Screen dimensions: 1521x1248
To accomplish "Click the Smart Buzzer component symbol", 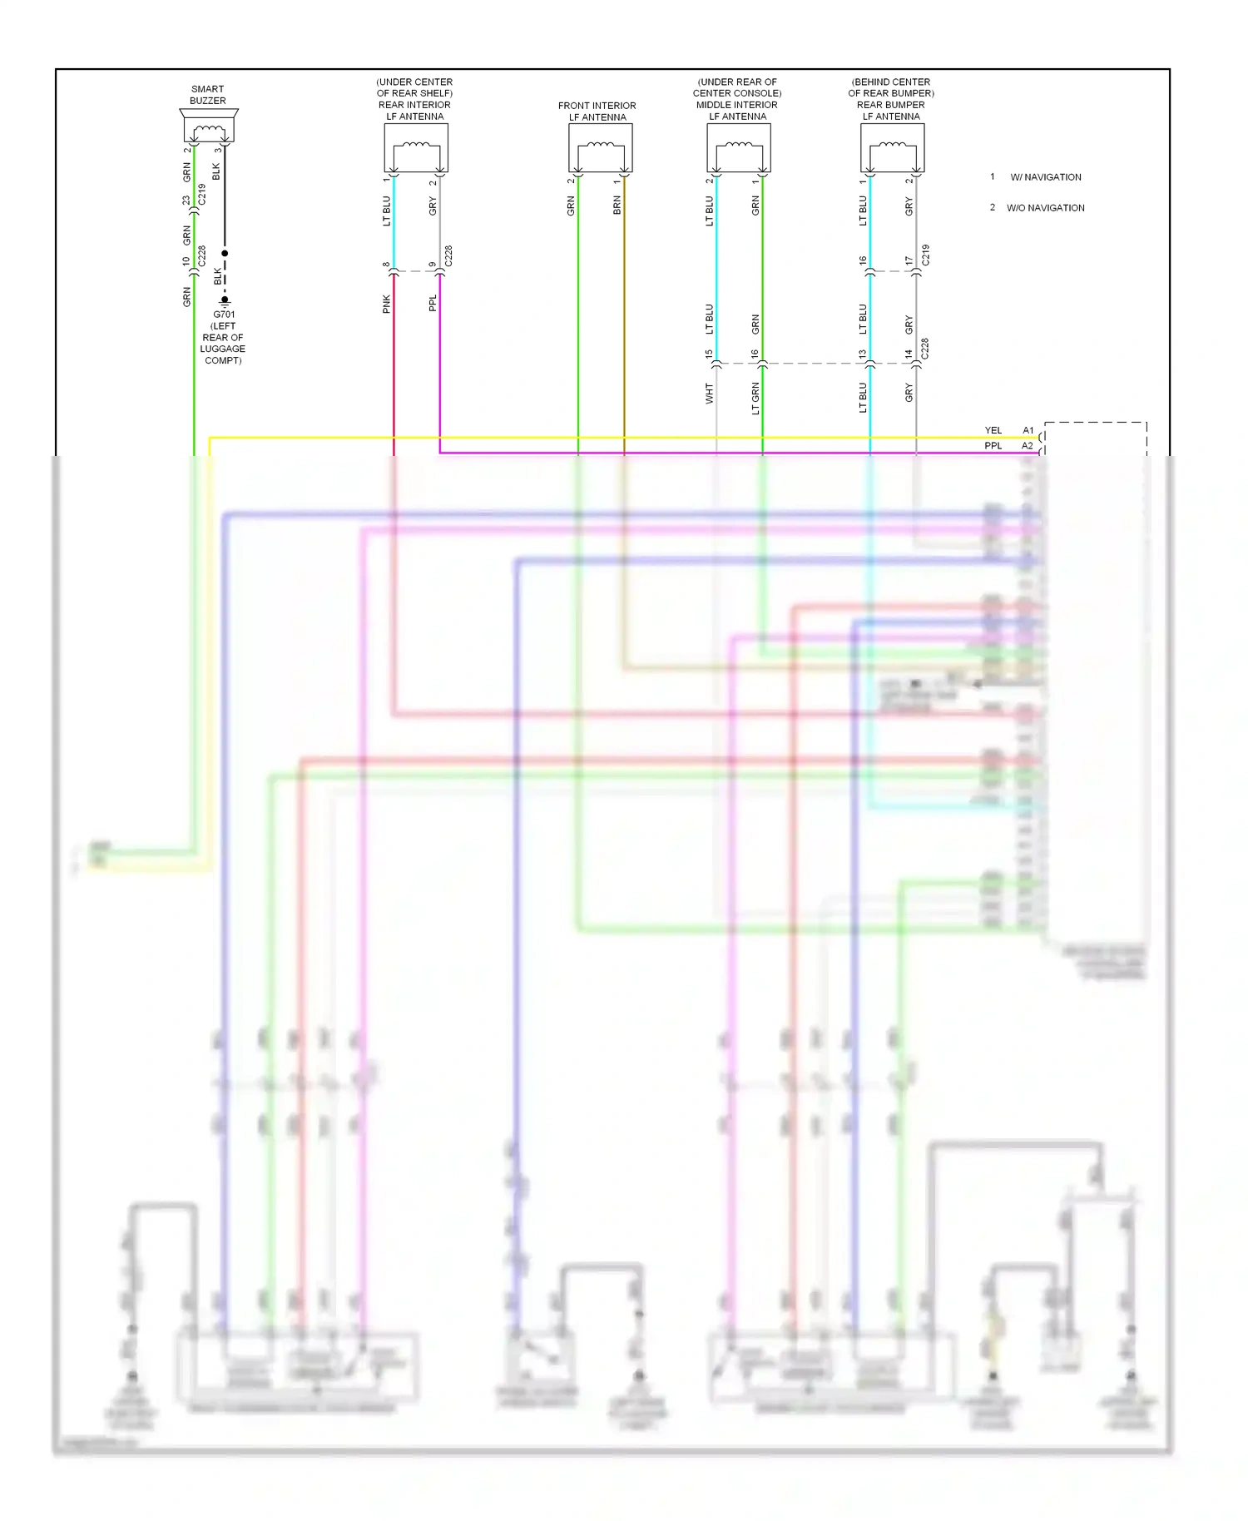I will coord(208,128).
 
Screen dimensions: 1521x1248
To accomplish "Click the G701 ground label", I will coord(224,315).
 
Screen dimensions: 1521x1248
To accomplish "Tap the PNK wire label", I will coord(386,304).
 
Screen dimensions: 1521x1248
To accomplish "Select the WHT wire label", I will coord(709,393).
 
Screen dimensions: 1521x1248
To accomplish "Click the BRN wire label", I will coord(617,205).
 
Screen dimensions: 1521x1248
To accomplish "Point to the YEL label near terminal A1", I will coord(993,430).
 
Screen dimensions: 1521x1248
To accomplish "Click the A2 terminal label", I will coord(1028,446).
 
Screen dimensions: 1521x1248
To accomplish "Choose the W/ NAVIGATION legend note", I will coord(1046,177).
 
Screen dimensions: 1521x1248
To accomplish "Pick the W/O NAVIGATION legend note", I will coord(1045,208).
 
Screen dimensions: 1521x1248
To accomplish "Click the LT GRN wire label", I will coord(755,398).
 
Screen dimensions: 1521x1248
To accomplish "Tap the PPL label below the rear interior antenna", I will coord(432,304).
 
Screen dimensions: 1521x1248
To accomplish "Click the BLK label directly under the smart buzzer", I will coord(216,171).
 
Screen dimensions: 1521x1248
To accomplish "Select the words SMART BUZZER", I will coord(207,95).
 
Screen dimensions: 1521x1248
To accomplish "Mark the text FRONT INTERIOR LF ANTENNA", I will coord(597,111).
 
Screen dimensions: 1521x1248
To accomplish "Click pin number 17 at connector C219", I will coord(909,260).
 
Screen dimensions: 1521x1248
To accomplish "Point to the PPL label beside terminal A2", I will coord(993,446).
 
